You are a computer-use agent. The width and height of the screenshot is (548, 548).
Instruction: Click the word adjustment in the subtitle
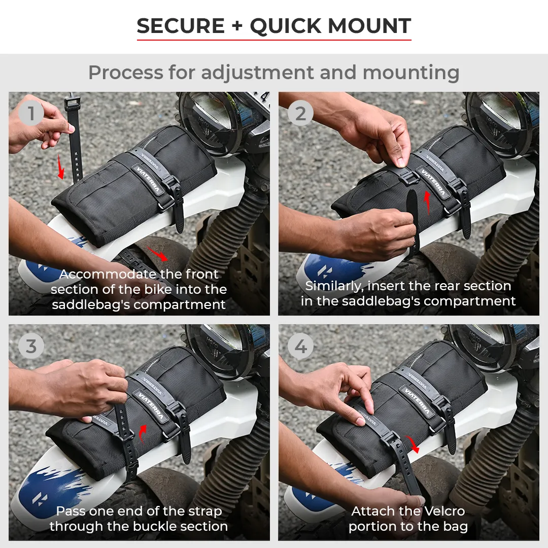pos(257,73)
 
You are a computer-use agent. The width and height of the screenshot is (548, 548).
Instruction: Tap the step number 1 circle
pos(31,113)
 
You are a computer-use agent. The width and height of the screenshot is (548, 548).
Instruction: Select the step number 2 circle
pos(300,113)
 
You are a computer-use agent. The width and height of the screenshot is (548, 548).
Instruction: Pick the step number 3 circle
pos(31,346)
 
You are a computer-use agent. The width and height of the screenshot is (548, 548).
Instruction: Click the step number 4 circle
pos(300,346)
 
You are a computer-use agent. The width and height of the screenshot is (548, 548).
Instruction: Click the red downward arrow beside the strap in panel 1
pos(61,167)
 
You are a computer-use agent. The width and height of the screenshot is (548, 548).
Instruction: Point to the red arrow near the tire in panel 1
pos(157,253)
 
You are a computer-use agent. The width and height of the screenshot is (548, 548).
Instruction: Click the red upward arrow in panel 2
pos(427,202)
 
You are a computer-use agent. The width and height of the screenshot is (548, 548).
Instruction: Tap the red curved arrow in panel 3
pos(142,433)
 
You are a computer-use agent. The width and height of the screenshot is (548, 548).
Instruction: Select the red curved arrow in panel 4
pos(413,444)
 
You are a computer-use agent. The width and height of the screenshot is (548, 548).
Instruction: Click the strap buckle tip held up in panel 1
pos(72,104)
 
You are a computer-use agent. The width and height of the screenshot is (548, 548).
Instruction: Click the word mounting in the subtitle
pos(411,73)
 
